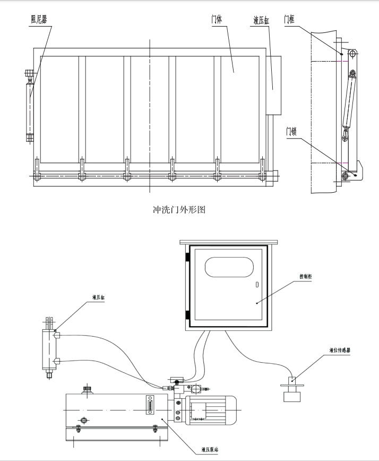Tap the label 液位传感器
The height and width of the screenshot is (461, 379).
click(340, 351)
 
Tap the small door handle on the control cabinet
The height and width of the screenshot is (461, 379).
click(257, 285)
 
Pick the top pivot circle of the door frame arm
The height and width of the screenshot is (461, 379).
click(352, 53)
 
